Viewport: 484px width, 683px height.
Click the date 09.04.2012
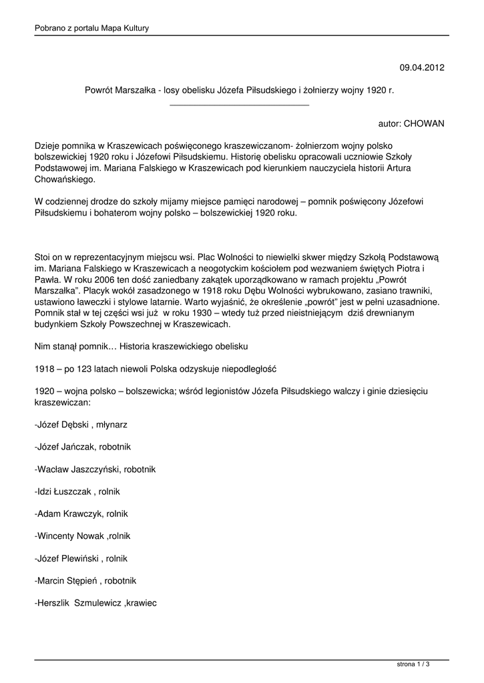pos(422,67)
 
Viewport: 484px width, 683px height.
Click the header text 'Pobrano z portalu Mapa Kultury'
pos(91,28)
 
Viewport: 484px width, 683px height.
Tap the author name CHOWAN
pos(424,124)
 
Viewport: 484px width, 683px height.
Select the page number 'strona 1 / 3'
pos(413,664)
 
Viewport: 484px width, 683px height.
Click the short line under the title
pos(240,105)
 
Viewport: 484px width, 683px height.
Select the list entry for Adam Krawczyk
pos(81,514)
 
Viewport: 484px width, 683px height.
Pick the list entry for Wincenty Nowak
pos(82,536)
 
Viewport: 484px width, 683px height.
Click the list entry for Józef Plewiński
pos(81,559)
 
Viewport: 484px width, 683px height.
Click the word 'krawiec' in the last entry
pos(141,604)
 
